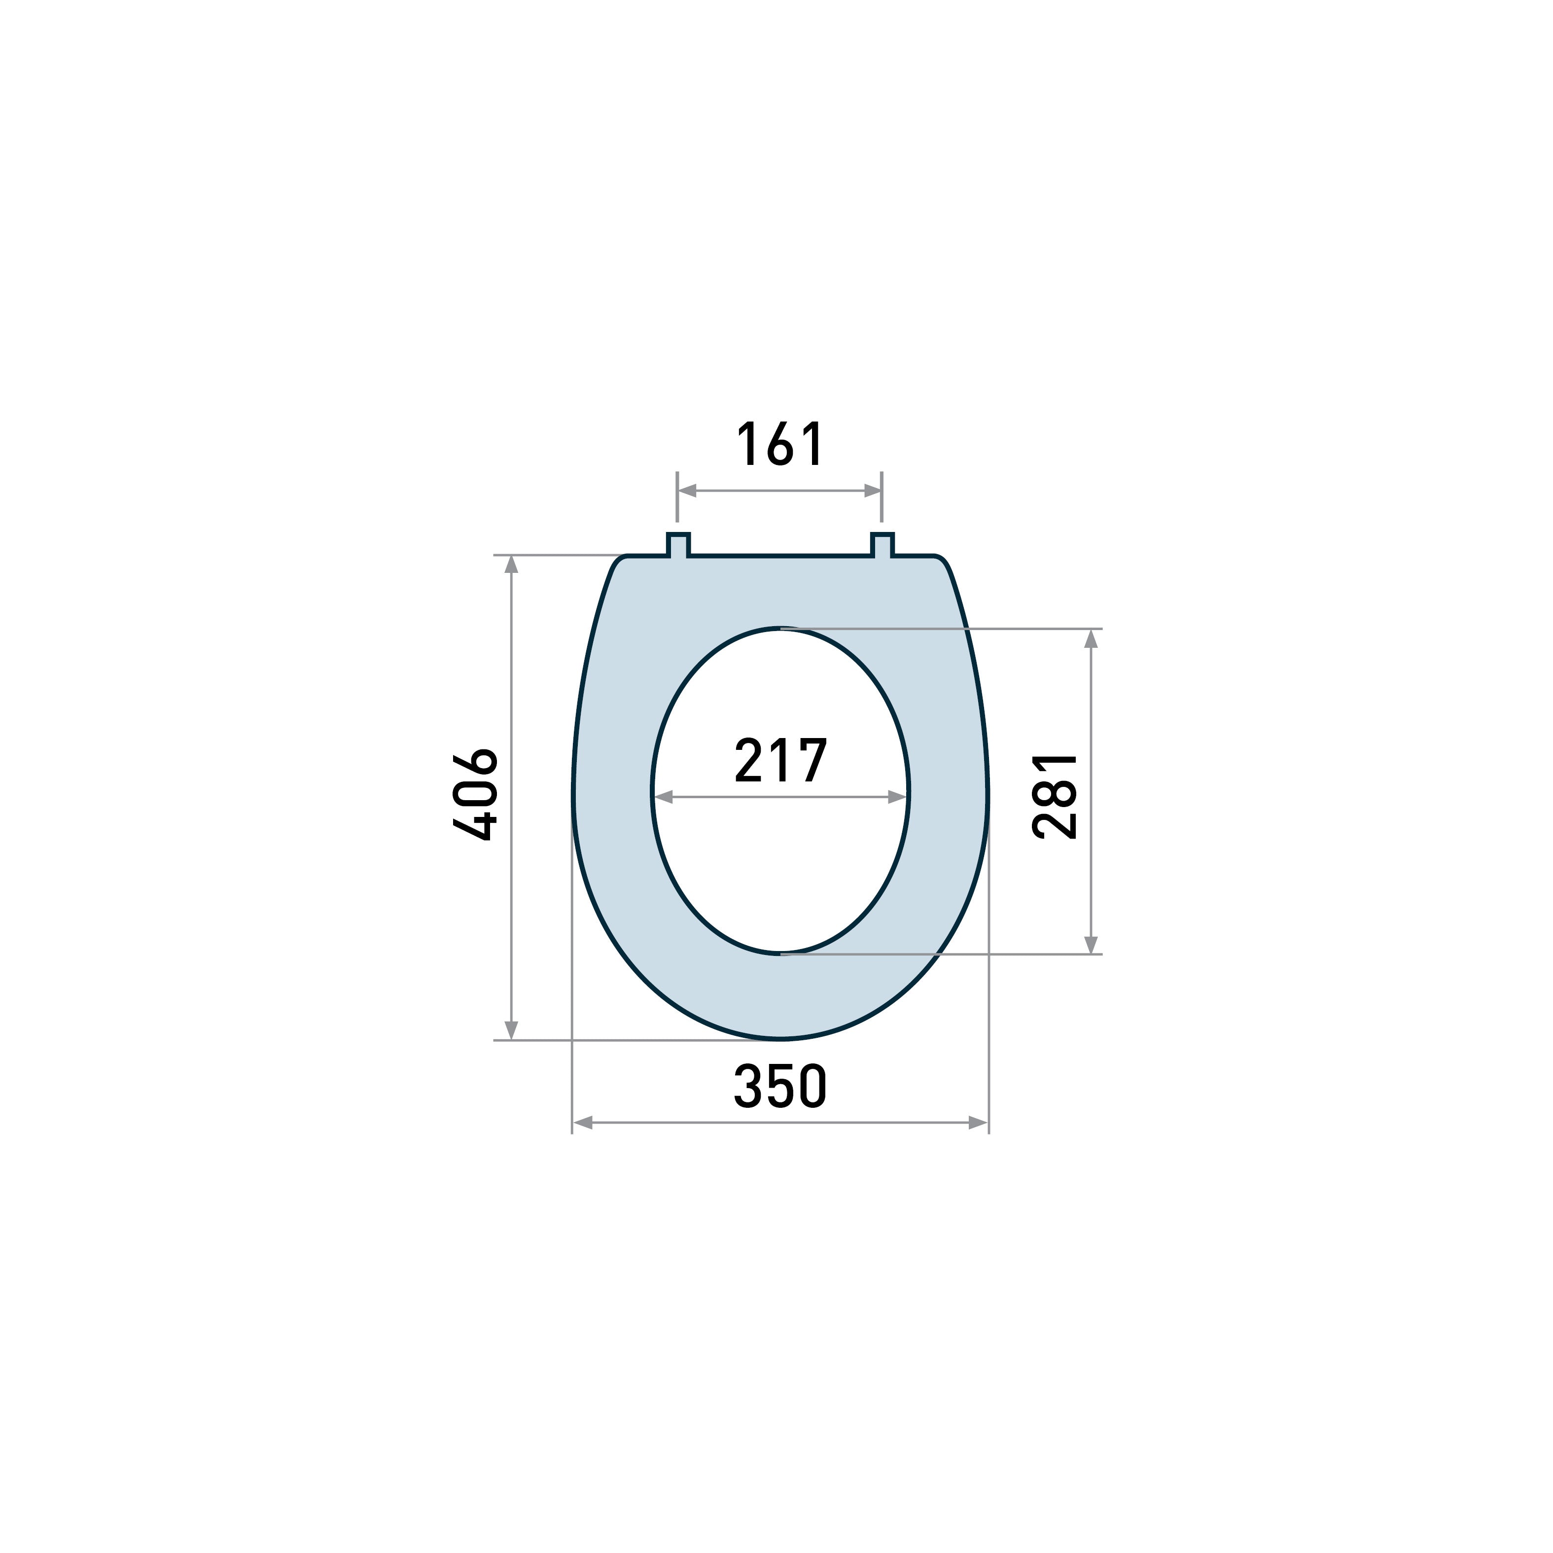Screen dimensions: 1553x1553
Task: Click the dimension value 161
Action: (x=780, y=444)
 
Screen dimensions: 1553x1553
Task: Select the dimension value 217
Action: (x=780, y=760)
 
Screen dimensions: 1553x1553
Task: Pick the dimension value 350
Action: (x=780, y=1086)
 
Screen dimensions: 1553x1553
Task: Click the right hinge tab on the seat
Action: (x=882, y=544)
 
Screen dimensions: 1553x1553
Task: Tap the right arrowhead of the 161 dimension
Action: (x=873, y=491)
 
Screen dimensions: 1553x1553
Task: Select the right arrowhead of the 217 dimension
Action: (x=897, y=797)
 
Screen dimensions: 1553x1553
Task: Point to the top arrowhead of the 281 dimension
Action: (x=1091, y=639)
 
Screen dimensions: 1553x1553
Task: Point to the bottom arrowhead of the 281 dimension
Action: (x=1091, y=945)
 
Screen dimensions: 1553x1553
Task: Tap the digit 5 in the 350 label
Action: (x=780, y=1086)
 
